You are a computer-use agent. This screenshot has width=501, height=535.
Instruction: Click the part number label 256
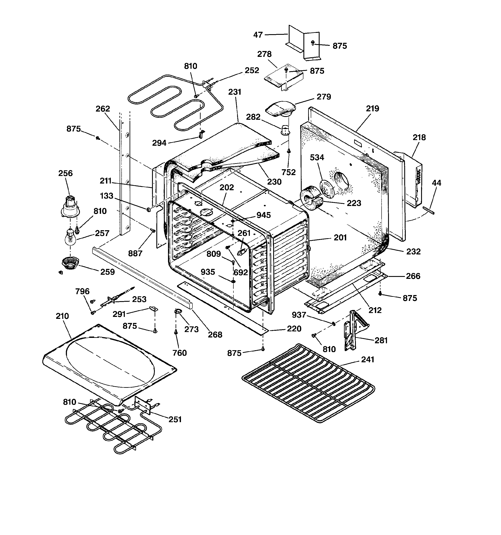[65, 173]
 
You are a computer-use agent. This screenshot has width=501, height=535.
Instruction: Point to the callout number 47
[258, 35]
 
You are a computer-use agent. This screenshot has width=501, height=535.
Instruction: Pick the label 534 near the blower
[317, 157]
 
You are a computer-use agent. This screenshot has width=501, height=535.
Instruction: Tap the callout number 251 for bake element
[175, 419]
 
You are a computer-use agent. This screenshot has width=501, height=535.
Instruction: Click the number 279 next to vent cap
[324, 97]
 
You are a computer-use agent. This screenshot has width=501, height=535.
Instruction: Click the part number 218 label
[419, 137]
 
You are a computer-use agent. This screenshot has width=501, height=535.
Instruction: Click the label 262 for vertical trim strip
[103, 109]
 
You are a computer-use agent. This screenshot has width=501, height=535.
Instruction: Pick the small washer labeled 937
[334, 323]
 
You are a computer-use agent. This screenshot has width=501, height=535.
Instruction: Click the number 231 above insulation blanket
[235, 92]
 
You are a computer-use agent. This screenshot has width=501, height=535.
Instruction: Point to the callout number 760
[179, 353]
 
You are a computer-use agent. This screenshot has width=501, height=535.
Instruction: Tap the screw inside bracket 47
[312, 43]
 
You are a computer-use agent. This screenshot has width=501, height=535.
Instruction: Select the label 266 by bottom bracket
[413, 276]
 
